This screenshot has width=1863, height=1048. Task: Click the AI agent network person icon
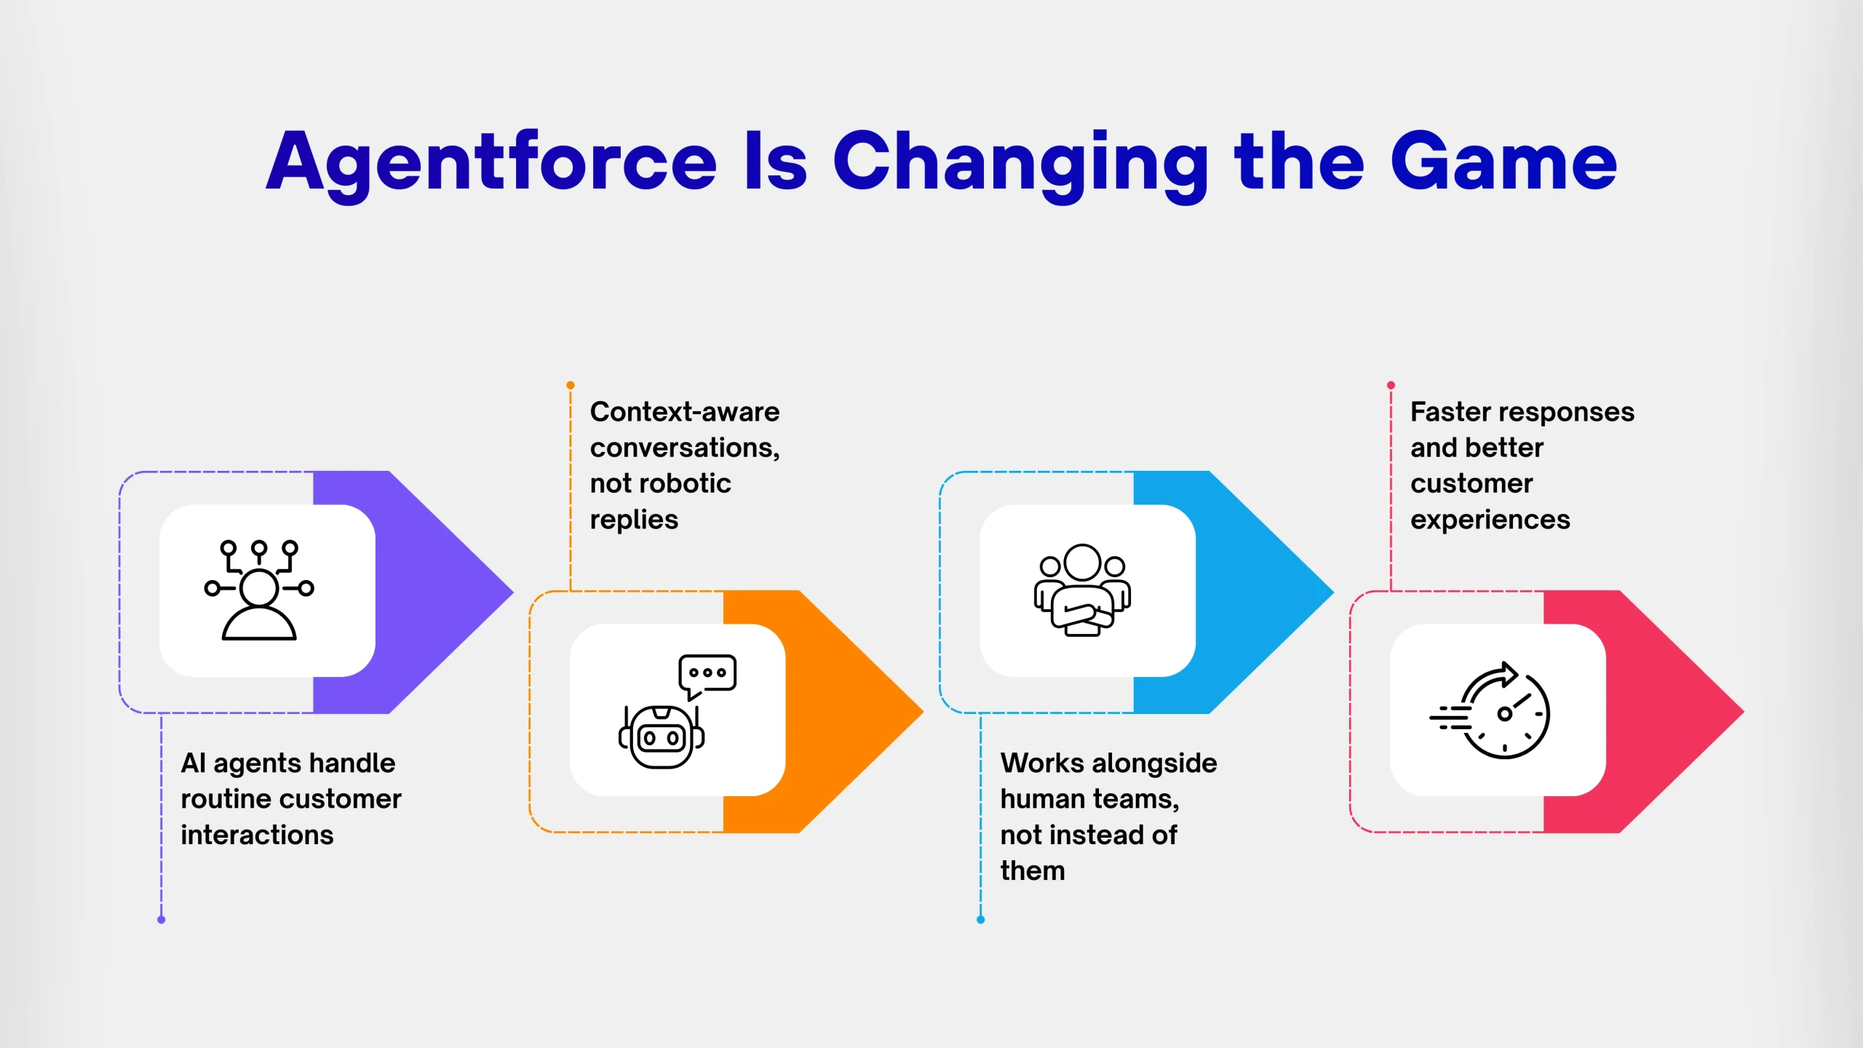click(259, 590)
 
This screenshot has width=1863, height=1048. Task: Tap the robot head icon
click(662, 737)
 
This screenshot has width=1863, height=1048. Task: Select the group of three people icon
click(1083, 590)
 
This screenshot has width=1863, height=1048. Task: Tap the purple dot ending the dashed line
click(162, 920)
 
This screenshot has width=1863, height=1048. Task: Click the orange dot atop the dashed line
click(571, 385)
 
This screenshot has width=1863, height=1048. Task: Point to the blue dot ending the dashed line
click(981, 920)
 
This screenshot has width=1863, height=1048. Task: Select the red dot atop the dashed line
click(1391, 385)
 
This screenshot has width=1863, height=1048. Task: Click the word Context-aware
click(685, 412)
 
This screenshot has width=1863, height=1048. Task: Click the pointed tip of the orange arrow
click(923, 711)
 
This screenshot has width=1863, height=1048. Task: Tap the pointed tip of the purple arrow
click(513, 592)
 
